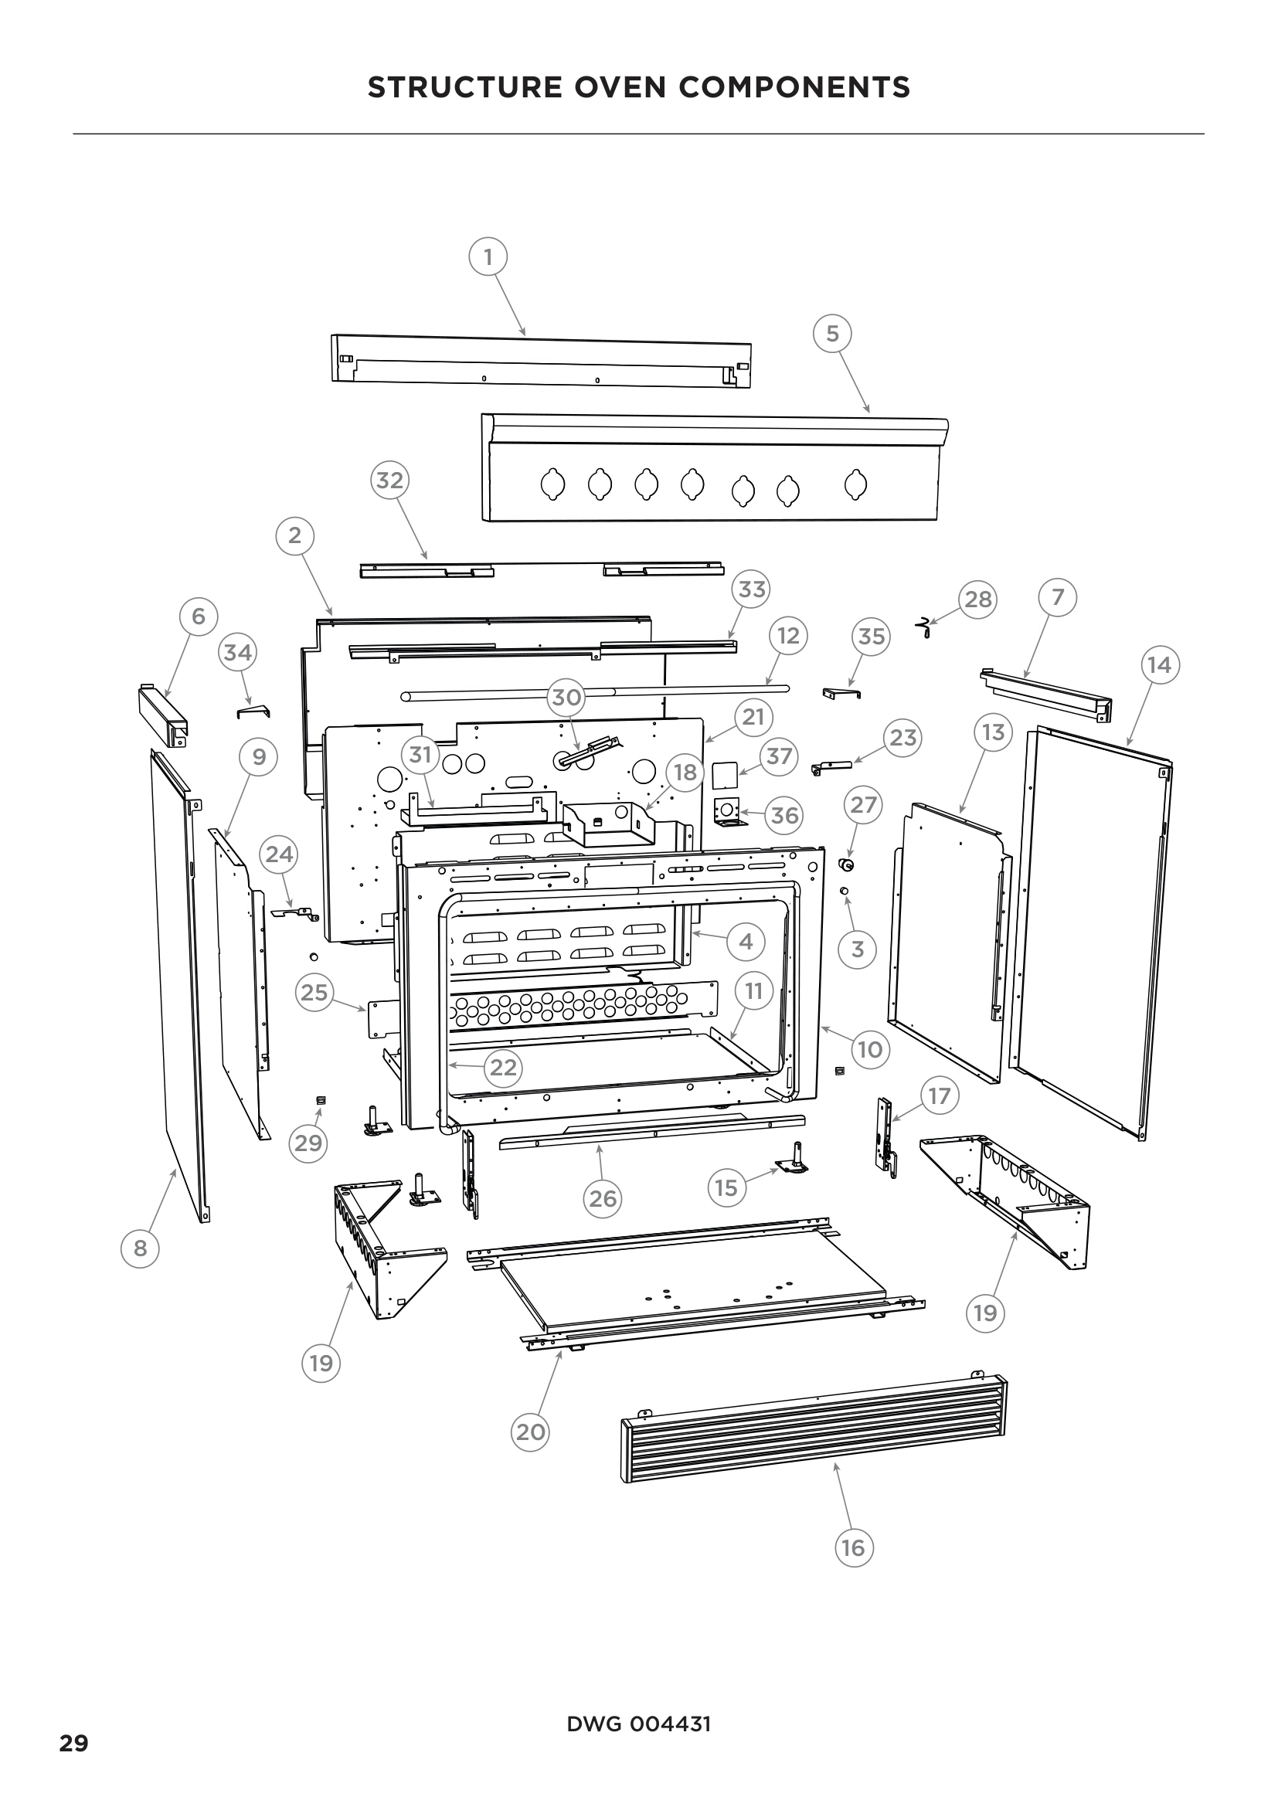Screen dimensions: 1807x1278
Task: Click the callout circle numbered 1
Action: [x=488, y=256]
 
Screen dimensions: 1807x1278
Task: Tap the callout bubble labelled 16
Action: [x=853, y=1548]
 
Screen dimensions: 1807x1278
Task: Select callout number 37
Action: [x=778, y=756]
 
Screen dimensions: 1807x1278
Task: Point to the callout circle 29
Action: [x=308, y=1142]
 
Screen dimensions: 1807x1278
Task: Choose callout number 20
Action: [x=529, y=1432]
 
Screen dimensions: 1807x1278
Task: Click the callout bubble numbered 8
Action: [x=140, y=1248]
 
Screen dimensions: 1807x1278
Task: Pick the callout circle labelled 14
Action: [x=1159, y=665]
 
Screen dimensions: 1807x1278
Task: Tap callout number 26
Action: [x=603, y=1199]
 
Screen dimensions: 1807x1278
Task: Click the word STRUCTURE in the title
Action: [x=464, y=87]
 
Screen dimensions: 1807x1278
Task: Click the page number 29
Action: [x=74, y=1743]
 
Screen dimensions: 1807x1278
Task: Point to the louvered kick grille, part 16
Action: [x=814, y=1428]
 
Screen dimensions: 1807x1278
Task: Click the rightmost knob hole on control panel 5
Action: [x=856, y=484]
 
